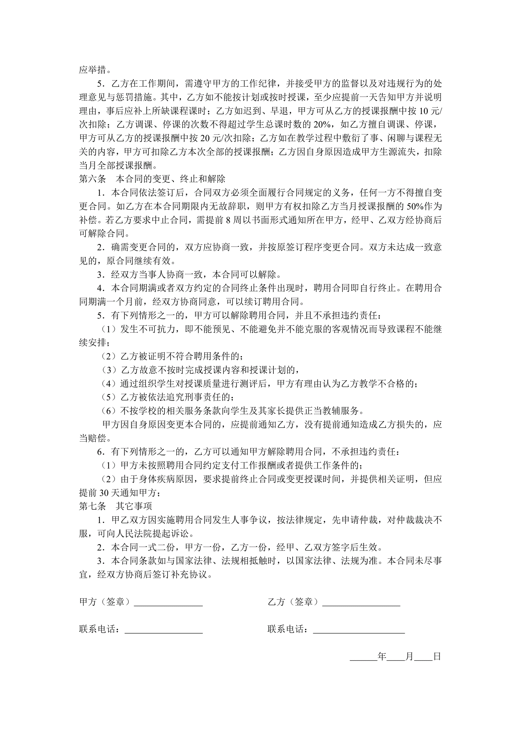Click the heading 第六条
pyautogui.click(x=93, y=179)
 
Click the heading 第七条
pyautogui.click(x=93, y=506)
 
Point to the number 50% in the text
pyautogui.click(x=415, y=206)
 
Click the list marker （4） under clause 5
pyautogui.click(x=109, y=384)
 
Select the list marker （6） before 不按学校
pyautogui.click(x=109, y=411)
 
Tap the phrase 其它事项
pyautogui.click(x=134, y=506)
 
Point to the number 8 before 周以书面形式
pyautogui.click(x=229, y=220)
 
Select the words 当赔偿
pyautogui.click(x=93, y=438)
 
